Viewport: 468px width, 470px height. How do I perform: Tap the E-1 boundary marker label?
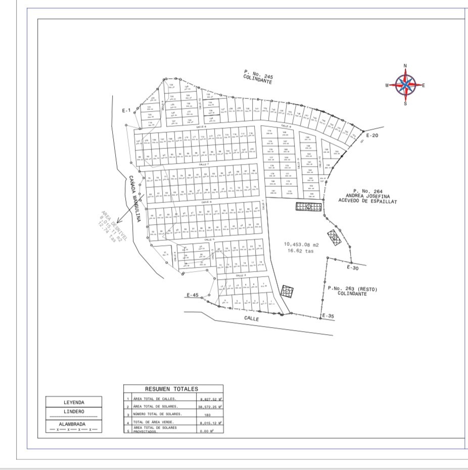click(x=126, y=110)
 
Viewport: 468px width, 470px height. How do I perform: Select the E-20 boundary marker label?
click(x=371, y=136)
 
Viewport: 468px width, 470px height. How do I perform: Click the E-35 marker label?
click(x=328, y=317)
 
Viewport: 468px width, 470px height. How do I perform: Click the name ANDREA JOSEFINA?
click(x=368, y=196)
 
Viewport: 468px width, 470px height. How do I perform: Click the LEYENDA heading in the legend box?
click(x=74, y=403)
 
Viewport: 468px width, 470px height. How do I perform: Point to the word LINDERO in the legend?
click(x=74, y=411)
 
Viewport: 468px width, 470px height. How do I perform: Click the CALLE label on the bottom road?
click(x=252, y=319)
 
